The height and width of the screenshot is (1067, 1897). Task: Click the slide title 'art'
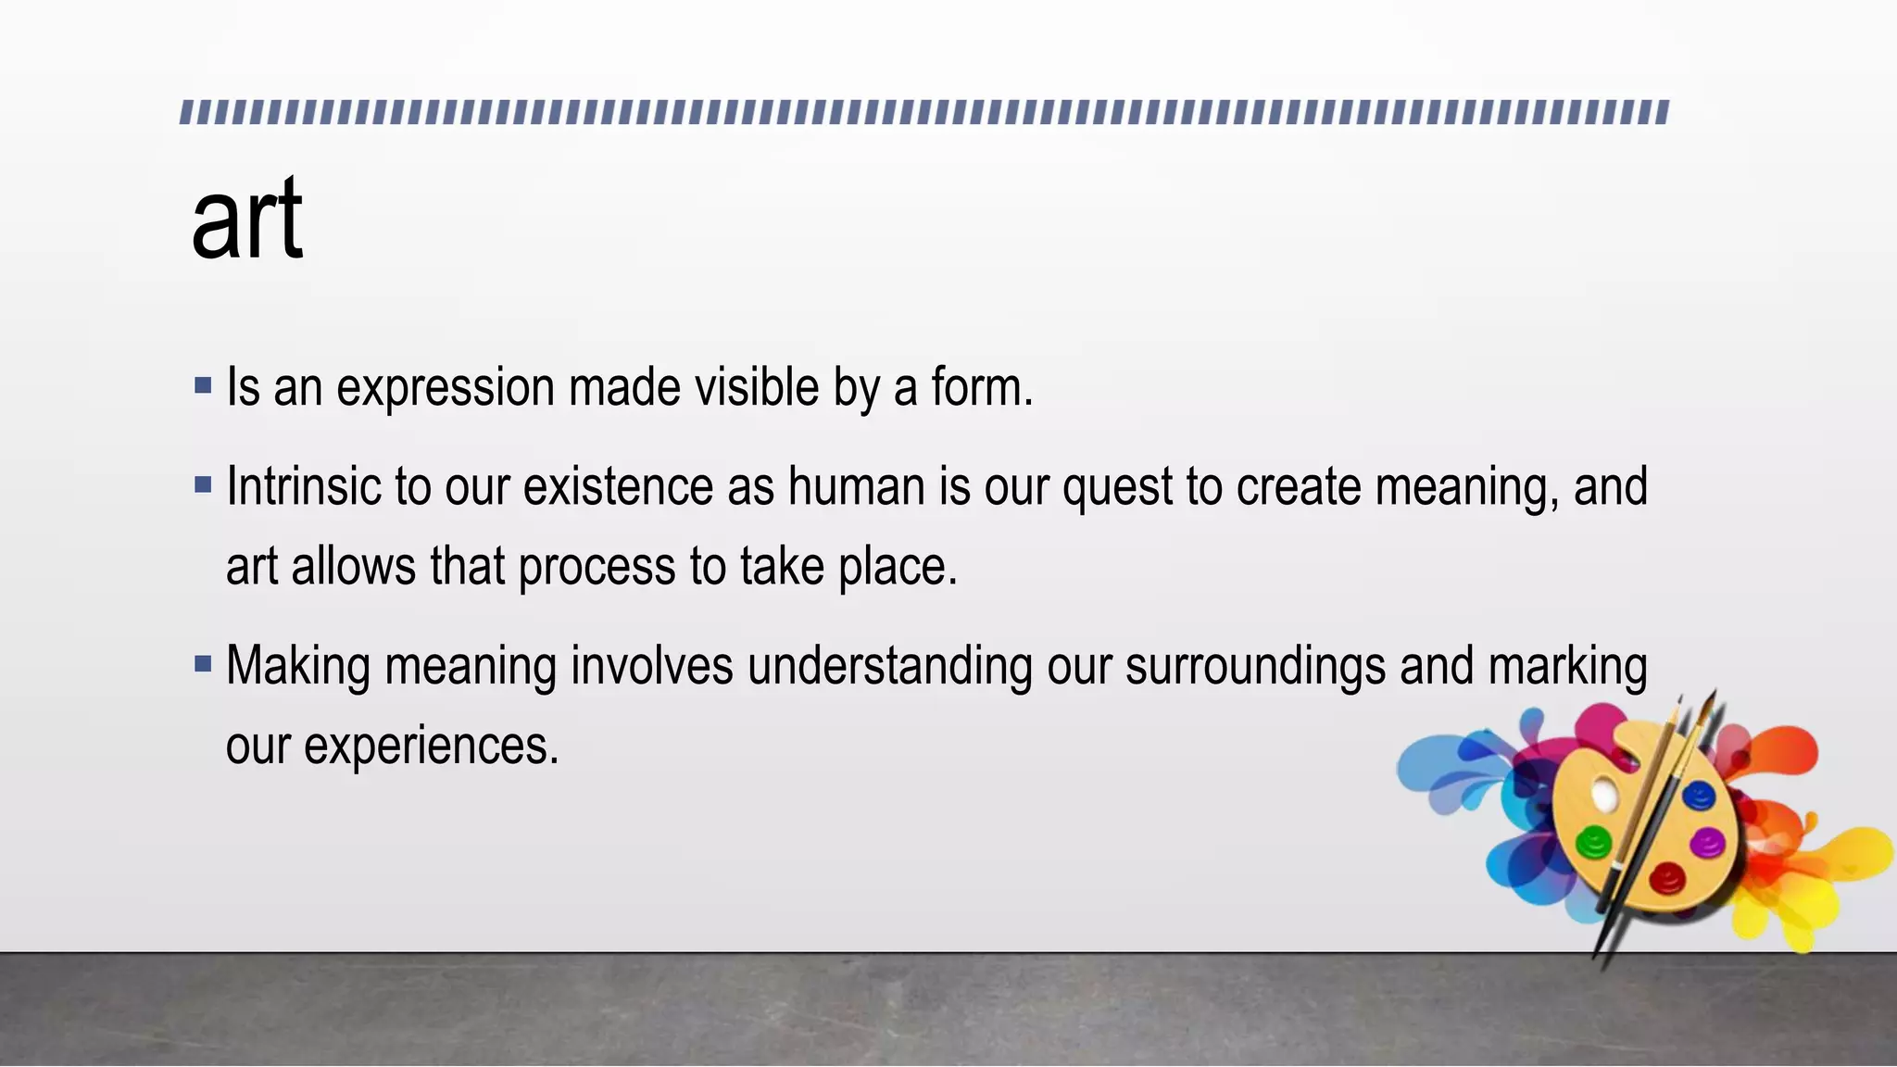[x=246, y=220]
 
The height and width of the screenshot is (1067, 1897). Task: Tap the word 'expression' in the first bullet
[x=445, y=387]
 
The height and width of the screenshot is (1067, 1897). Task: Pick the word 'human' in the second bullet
[x=856, y=486]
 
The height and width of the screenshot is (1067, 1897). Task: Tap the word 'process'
[x=597, y=568]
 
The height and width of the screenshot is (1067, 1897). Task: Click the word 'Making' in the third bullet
[x=297, y=667]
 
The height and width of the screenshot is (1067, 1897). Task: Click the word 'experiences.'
[x=392, y=747]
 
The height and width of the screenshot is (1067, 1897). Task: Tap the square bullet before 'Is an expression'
[x=204, y=385]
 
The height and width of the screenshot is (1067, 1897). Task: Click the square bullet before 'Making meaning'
[x=204, y=664]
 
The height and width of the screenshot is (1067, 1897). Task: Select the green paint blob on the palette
[x=1594, y=842]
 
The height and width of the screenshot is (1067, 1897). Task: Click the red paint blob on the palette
[x=1666, y=877]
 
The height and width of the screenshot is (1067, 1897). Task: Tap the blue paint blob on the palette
[x=1699, y=796]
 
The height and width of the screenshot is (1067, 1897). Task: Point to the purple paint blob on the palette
[x=1707, y=843]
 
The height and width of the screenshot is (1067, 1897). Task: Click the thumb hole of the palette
[x=1603, y=793]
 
